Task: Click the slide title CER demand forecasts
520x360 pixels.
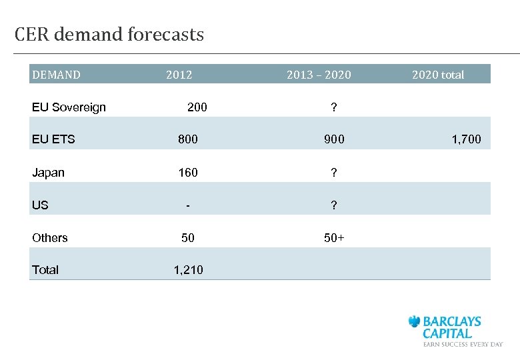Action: pyautogui.click(x=109, y=35)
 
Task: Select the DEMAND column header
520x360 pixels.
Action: pyautogui.click(x=56, y=75)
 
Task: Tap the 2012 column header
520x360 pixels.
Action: pyautogui.click(x=179, y=75)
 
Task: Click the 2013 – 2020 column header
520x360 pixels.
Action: pyautogui.click(x=319, y=75)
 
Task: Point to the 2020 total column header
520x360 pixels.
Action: pyautogui.click(x=438, y=75)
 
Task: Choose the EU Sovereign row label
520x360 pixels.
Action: pyautogui.click(x=69, y=107)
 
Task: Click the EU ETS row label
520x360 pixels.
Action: pyautogui.click(x=53, y=139)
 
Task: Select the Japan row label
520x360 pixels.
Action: pyautogui.click(x=48, y=173)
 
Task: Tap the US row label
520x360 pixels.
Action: pyautogui.click(x=40, y=205)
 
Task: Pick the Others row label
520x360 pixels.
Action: pyautogui.click(x=50, y=238)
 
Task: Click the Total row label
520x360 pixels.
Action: pyautogui.click(x=45, y=270)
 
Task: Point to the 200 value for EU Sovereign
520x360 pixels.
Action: pyautogui.click(x=197, y=107)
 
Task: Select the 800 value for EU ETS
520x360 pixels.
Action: pyautogui.click(x=187, y=139)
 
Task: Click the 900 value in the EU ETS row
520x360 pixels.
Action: pyautogui.click(x=334, y=139)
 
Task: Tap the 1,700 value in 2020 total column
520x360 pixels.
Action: pyautogui.click(x=467, y=139)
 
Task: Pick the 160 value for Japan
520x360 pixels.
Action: pyautogui.click(x=187, y=173)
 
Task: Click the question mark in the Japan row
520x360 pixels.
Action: pyautogui.click(x=334, y=173)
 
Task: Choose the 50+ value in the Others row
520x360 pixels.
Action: pyautogui.click(x=334, y=238)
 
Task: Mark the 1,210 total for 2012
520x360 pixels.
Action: pyautogui.click(x=189, y=270)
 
